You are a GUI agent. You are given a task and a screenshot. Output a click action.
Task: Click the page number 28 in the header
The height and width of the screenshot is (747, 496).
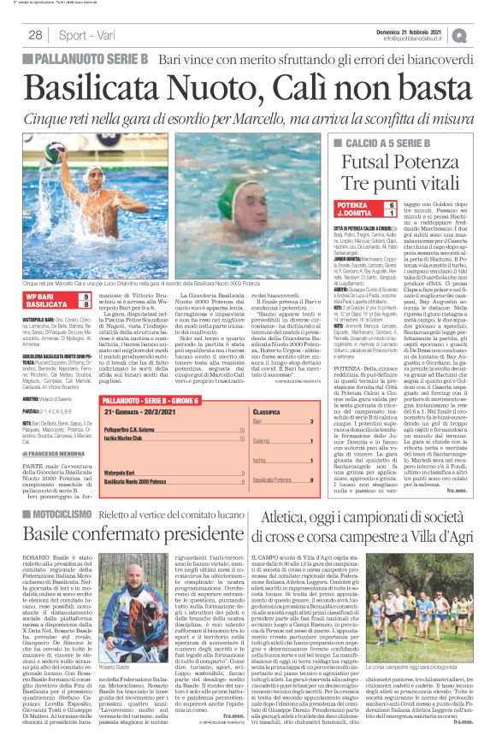coord(35,35)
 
